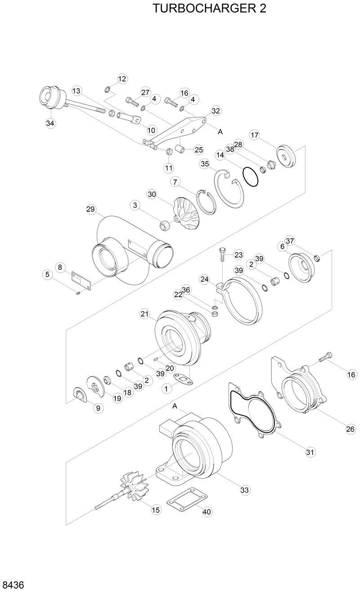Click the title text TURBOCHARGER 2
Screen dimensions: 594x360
click(209, 9)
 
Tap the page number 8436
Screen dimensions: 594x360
click(13, 585)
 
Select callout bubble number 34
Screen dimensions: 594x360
click(50, 123)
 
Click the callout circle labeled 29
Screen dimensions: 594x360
click(91, 209)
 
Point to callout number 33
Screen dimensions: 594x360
click(244, 490)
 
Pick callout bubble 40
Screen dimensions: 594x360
click(207, 512)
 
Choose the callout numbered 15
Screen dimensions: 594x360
click(156, 509)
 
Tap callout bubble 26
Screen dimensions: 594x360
click(350, 429)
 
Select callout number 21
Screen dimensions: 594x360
click(144, 314)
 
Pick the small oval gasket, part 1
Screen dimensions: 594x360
click(182, 380)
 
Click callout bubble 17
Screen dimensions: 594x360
click(254, 135)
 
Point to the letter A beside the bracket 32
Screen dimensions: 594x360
click(220, 132)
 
